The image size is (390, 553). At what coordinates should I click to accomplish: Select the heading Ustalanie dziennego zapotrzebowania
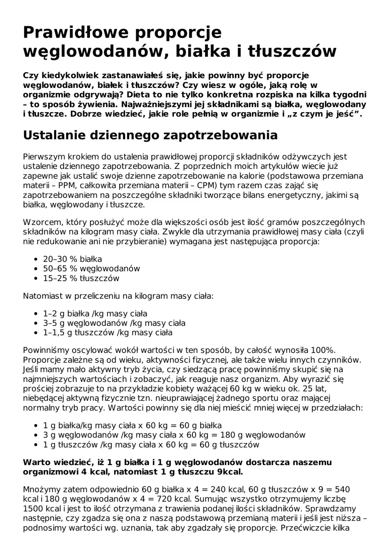[150, 135]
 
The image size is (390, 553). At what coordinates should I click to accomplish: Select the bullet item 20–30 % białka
[72, 259]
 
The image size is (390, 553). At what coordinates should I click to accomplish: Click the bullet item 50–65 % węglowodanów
[91, 268]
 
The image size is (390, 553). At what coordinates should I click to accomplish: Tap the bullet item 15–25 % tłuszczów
[81, 278]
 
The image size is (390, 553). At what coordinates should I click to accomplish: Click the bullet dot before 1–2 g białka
[36, 314]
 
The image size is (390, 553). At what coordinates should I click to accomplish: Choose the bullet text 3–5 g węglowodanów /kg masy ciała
[114, 323]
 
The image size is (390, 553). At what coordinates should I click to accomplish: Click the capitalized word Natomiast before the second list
[43, 296]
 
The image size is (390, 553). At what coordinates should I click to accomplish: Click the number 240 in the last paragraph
[218, 489]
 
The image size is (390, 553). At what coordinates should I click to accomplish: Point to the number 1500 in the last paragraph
[32, 509]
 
